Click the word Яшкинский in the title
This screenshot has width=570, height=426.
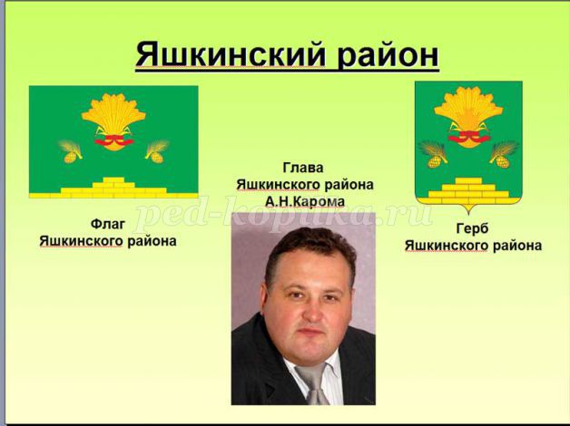tap(231, 54)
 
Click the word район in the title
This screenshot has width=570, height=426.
tap(388, 55)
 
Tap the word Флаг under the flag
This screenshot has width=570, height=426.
tap(108, 224)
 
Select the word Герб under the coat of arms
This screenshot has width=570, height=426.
tap(472, 228)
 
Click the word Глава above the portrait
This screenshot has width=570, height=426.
tap(303, 168)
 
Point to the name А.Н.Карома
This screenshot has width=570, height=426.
tap(305, 201)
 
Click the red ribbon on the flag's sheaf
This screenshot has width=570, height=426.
tap(113, 140)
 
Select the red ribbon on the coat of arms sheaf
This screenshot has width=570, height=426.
tap(469, 137)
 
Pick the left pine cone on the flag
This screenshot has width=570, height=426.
tap(70, 157)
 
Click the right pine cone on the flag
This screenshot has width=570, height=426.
tap(157, 157)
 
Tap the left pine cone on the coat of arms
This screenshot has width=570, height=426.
tap(435, 161)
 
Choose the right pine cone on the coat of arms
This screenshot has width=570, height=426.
tap(503, 161)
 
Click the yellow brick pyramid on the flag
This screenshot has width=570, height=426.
tap(113, 188)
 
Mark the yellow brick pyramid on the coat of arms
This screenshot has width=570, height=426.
tap(468, 191)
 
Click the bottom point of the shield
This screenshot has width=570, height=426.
tap(468, 214)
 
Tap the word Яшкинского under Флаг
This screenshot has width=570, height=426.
tap(81, 241)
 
